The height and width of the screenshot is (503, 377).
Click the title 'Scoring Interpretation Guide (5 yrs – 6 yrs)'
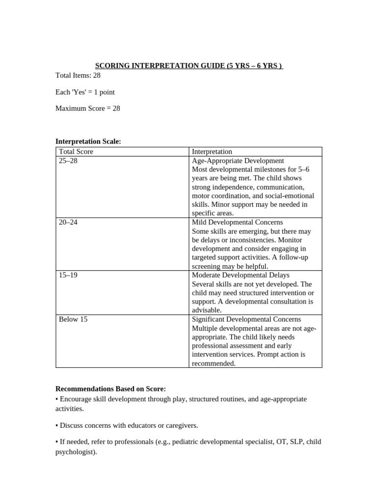coord(188,66)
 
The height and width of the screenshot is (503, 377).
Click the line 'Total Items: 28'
coord(78,76)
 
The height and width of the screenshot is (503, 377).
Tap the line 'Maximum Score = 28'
coord(87,108)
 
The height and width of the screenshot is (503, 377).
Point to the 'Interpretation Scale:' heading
coord(88,141)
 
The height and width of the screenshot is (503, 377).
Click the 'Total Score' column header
coord(76,152)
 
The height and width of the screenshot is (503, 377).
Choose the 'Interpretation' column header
coord(212,152)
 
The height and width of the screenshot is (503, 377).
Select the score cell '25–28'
coord(68,161)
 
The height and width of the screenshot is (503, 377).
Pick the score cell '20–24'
coord(68,222)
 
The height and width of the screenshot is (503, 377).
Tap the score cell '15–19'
coord(68,275)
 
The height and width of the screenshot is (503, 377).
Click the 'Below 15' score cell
coord(73,319)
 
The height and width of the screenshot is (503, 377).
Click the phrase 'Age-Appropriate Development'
coord(238,161)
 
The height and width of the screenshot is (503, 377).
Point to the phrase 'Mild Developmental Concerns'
coord(238,222)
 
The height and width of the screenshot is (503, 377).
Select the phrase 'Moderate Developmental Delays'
coord(241,275)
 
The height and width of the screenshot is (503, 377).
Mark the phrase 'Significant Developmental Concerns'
coord(246,319)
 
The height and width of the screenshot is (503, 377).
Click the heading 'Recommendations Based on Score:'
coord(110,389)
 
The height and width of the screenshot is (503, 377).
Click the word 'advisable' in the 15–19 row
coord(206,310)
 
